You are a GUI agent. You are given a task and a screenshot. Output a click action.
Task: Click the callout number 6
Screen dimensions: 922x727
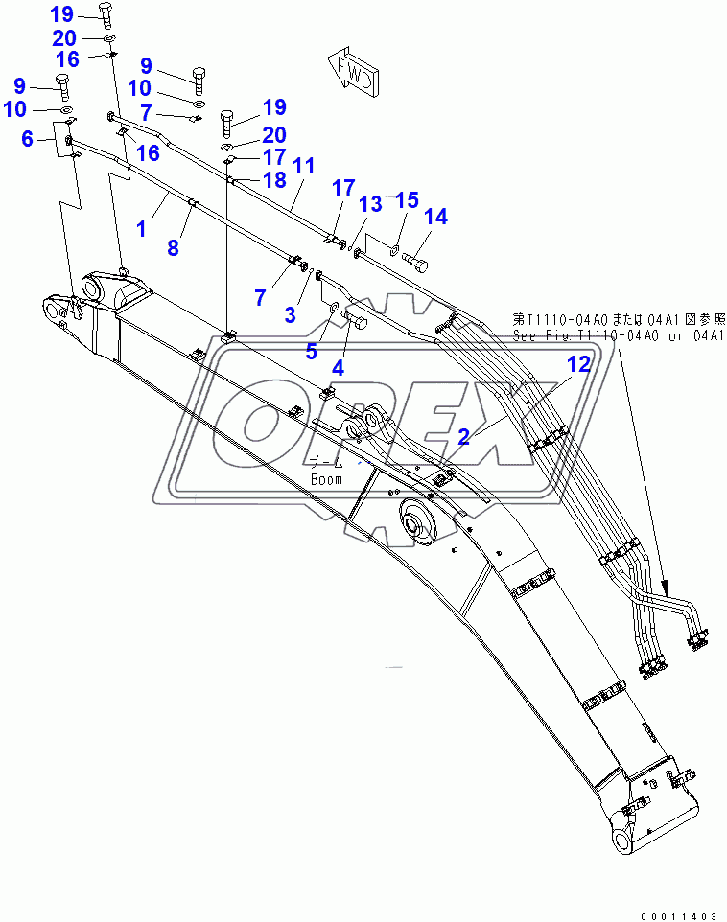[29, 139]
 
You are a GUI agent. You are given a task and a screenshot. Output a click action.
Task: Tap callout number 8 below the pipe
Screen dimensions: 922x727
[173, 248]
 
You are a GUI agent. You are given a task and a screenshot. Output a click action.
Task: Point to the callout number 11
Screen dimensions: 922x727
[303, 166]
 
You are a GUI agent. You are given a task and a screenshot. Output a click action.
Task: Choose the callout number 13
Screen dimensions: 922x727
[369, 203]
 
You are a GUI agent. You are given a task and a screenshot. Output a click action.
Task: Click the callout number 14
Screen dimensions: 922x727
[435, 218]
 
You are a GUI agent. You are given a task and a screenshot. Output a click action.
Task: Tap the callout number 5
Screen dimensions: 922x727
[312, 352]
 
